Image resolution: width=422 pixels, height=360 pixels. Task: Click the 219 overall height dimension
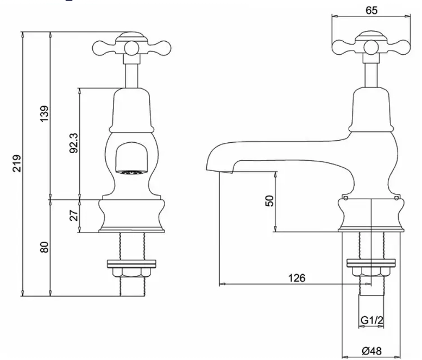click(17, 163)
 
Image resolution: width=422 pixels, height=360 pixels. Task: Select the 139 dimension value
click(45, 113)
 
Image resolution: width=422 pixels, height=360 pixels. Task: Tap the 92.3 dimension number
click(74, 143)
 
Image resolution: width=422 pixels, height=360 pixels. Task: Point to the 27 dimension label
click(74, 215)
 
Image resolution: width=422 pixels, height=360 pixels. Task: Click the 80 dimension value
click(45, 247)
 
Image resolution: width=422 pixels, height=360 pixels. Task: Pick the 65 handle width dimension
click(371, 10)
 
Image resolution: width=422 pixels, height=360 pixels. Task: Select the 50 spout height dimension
click(269, 201)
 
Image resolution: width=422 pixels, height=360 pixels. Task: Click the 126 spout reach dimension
click(297, 277)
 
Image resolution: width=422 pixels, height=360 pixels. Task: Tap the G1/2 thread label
click(371, 320)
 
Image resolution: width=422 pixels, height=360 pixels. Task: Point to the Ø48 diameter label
click(371, 351)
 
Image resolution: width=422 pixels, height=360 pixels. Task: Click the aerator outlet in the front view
click(131, 173)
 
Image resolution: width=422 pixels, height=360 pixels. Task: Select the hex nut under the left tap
click(131, 273)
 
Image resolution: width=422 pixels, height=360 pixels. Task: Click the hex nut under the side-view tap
click(371, 271)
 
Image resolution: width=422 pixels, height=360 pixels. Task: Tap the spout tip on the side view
click(207, 169)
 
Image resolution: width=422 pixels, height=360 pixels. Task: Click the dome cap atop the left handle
click(131, 37)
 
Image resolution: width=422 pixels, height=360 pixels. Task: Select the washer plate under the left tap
click(131, 264)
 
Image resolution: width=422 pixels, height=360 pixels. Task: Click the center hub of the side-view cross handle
click(371, 48)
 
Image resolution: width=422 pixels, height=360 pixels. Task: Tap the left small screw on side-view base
click(345, 198)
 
